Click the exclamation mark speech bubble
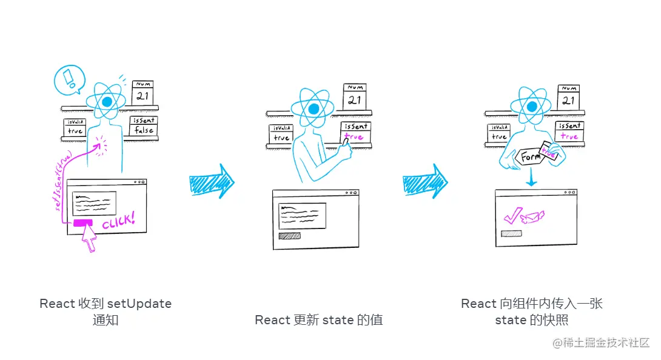coord(69,79)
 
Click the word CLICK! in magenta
coord(119,221)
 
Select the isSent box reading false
coord(144,126)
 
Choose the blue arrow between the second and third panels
coord(425,181)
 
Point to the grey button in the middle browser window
coord(289,236)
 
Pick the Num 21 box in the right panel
coord(568,96)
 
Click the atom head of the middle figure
coord(313,109)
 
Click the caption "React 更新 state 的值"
coord(319,319)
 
